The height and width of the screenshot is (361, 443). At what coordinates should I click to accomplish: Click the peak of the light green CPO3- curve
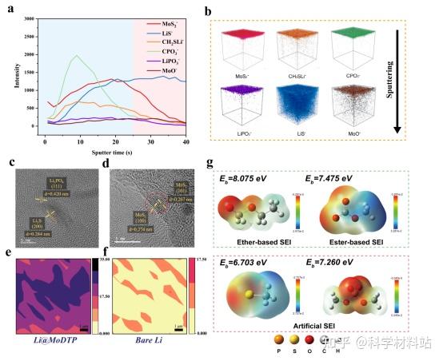75,56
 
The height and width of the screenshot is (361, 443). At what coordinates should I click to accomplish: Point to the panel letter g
210,165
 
